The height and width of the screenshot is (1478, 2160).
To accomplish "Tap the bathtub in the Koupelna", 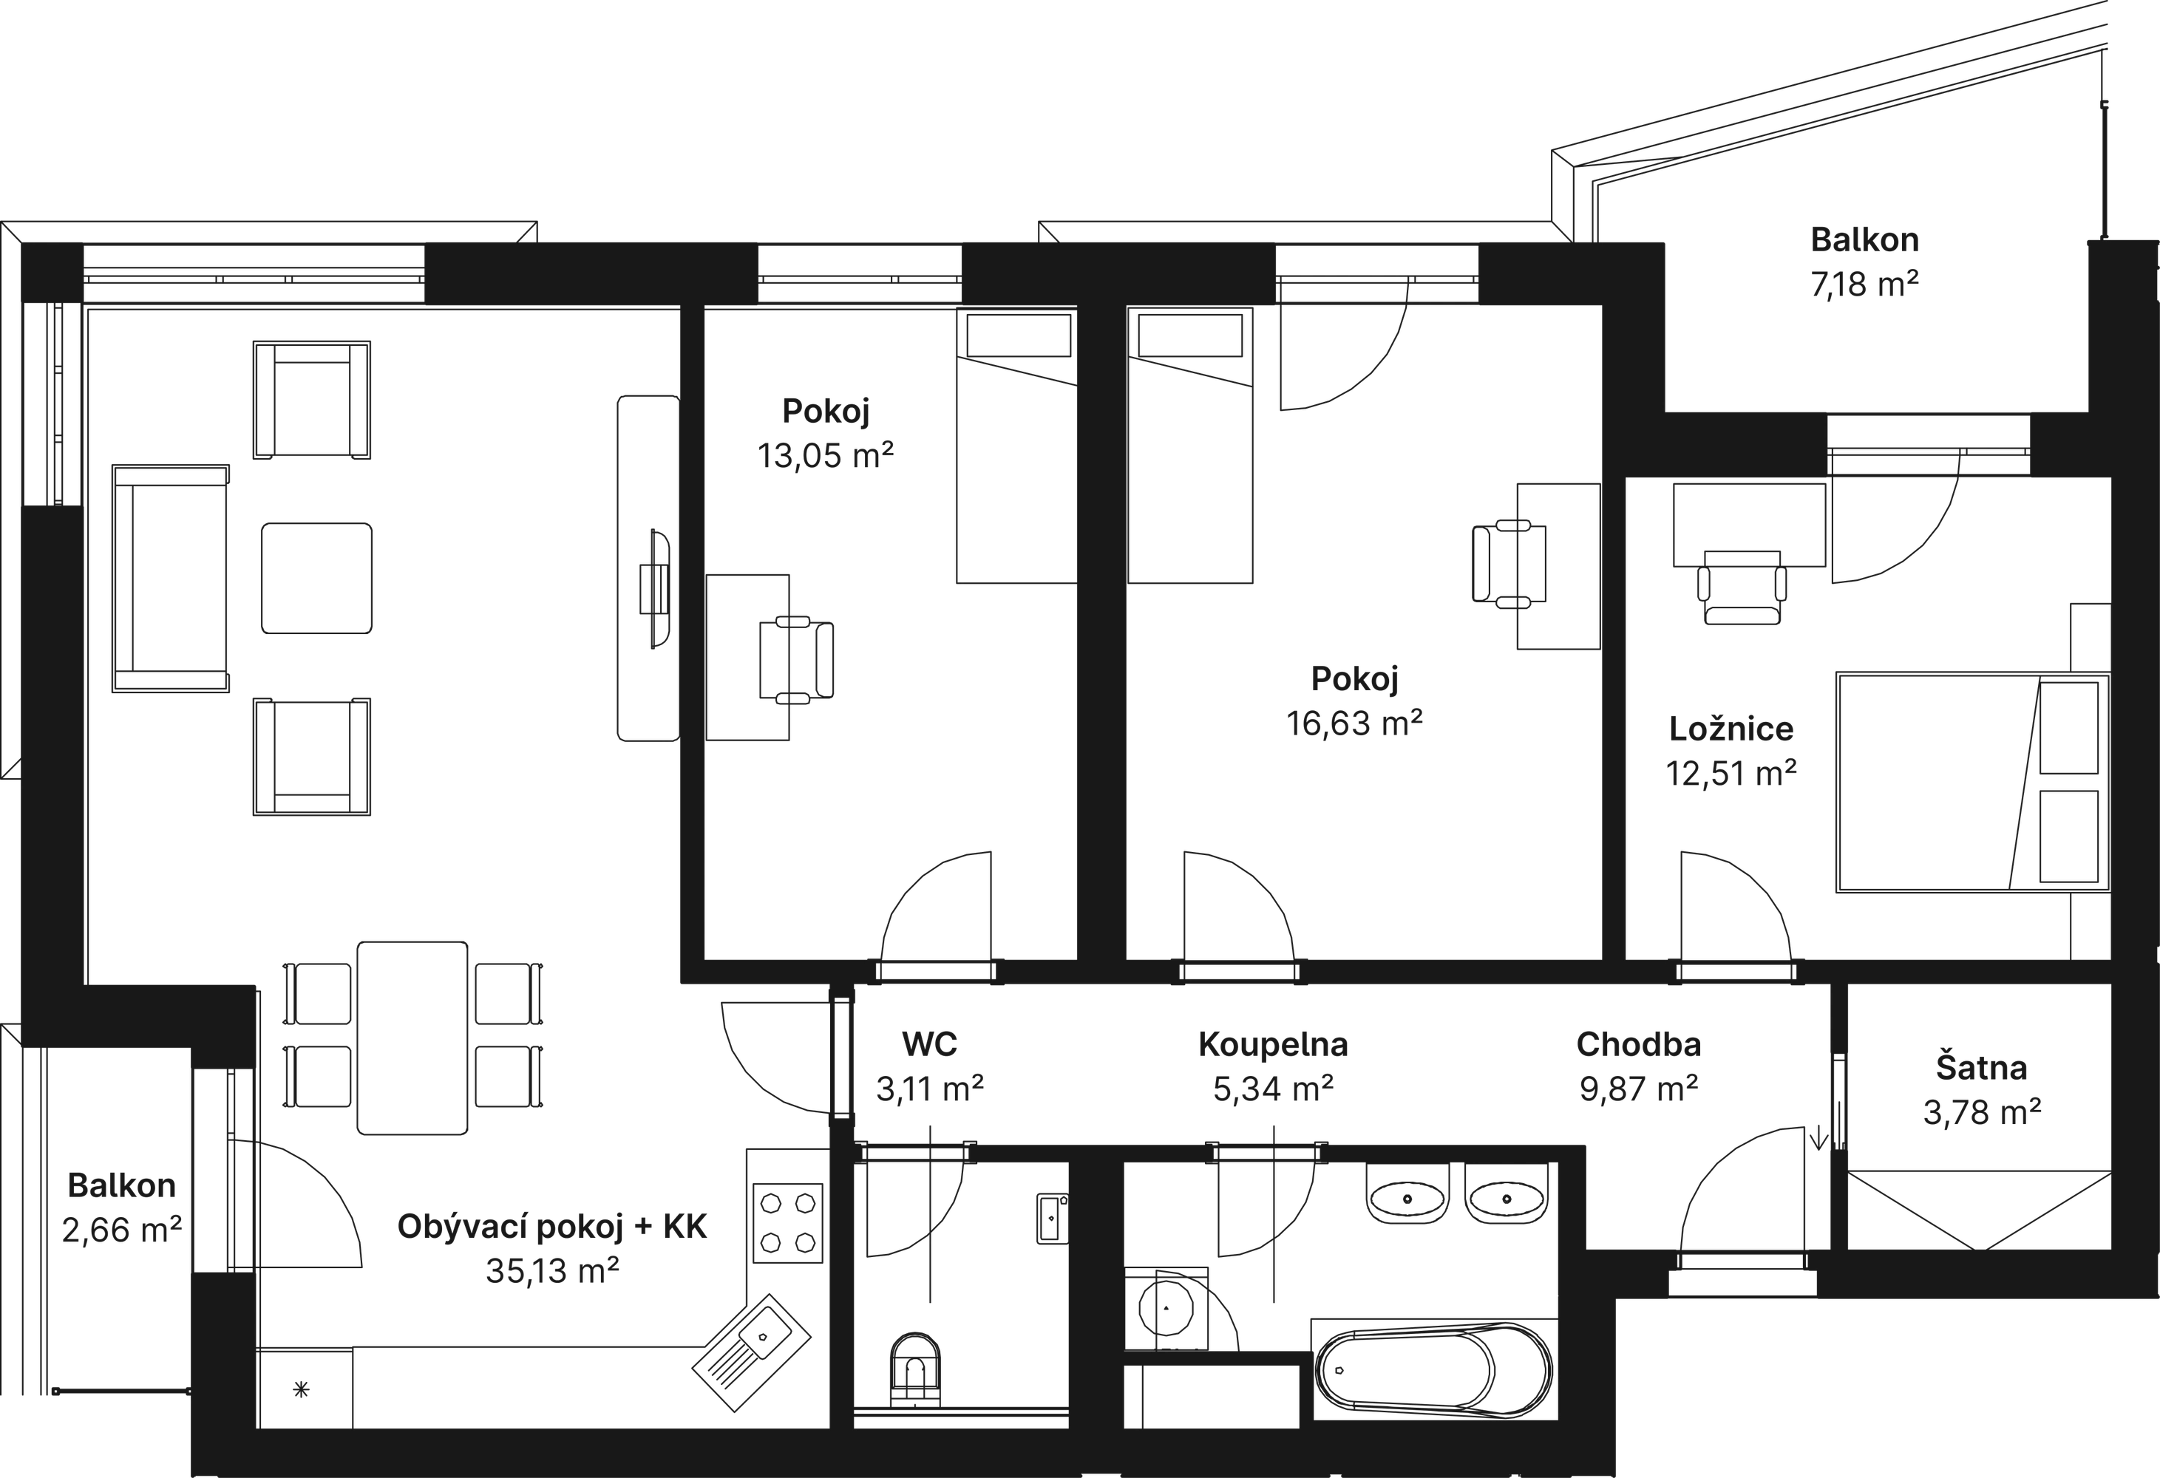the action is pos(1434,1370).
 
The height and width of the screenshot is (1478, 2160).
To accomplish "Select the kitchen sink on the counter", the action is pos(752,1352).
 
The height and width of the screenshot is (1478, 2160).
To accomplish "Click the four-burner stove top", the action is pos(787,1222).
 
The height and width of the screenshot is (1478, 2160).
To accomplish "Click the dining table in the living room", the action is pos(412,1038).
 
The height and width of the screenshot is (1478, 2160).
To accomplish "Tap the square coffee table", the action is pos(317,578).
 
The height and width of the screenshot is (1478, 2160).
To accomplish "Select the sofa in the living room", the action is pos(171,578).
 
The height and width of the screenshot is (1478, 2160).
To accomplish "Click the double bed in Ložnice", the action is pos(1972,782).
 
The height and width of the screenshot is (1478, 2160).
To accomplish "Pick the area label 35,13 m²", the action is pos(552,1270).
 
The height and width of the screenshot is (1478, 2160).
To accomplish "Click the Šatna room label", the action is pos(1982,1067).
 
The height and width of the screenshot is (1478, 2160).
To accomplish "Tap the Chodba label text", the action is pos(1639,1044).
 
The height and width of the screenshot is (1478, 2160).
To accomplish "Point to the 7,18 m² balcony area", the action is pos(1864,283).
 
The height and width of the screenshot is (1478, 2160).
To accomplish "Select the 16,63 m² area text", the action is pos(1354,722).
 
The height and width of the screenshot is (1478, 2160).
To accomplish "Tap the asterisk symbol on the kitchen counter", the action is pos(300,1390).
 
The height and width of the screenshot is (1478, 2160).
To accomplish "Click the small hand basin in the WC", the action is pos(1052,1218).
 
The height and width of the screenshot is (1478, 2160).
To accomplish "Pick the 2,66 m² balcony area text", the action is pos(122,1229).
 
